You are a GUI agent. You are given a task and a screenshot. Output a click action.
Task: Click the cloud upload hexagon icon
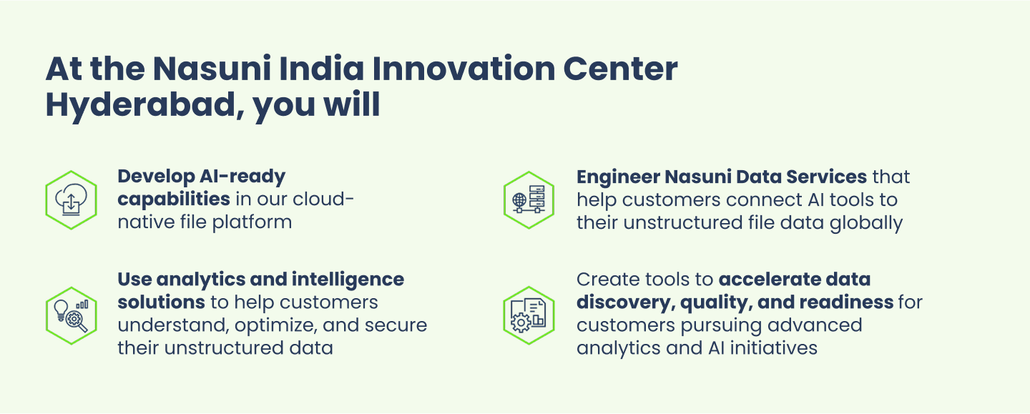click(x=72, y=200)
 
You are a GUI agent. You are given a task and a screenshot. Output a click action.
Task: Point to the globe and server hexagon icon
click(x=529, y=200)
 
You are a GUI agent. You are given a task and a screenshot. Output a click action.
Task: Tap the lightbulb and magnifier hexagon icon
click(x=72, y=315)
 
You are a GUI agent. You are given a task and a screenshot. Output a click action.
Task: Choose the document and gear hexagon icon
click(x=529, y=315)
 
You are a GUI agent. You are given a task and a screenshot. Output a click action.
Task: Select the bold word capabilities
click(x=174, y=200)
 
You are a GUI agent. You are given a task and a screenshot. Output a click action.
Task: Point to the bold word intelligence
click(x=348, y=280)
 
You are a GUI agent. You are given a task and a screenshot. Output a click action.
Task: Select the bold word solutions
click(x=162, y=302)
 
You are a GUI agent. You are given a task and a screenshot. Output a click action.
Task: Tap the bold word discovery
click(x=625, y=302)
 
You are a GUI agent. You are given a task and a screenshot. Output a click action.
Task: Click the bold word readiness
click(x=846, y=302)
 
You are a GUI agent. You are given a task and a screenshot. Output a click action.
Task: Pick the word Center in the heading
click(x=620, y=69)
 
